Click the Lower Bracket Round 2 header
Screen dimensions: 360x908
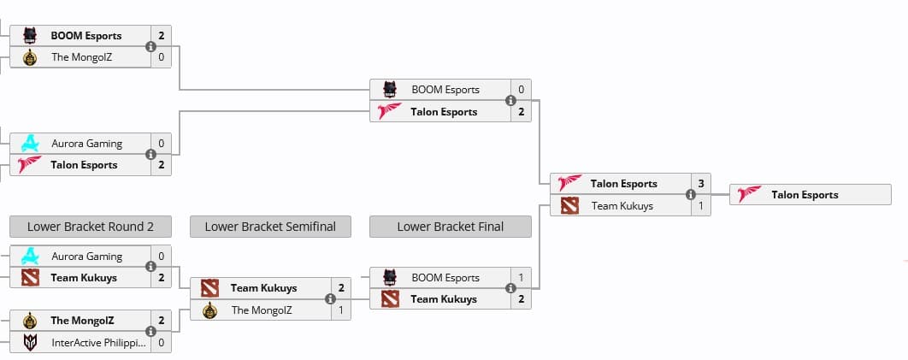pyautogui.click(x=90, y=227)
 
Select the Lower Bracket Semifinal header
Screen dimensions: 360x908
pyautogui.click(x=270, y=227)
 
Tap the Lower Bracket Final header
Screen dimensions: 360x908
pyautogui.click(x=450, y=227)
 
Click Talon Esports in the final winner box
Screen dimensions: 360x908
pyautogui.click(x=805, y=195)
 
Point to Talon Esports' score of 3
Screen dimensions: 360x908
pyautogui.click(x=700, y=184)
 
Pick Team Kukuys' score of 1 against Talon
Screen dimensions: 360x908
pyautogui.click(x=700, y=205)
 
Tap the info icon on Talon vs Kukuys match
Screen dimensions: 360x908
pyautogui.click(x=691, y=195)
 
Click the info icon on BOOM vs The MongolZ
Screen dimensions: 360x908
pyautogui.click(x=150, y=47)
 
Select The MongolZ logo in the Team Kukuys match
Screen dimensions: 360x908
pyautogui.click(x=209, y=310)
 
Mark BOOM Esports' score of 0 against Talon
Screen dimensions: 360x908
pyautogui.click(x=521, y=90)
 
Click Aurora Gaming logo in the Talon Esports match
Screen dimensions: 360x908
pyautogui.click(x=30, y=144)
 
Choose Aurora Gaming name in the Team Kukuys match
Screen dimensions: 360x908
pyautogui.click(x=86, y=257)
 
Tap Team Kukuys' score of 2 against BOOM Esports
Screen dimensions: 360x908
pyautogui.click(x=521, y=299)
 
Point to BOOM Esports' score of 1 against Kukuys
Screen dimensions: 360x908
pyautogui.click(x=521, y=278)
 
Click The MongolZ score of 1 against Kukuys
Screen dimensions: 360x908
pyautogui.click(x=340, y=310)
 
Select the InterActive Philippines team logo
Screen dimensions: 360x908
pyautogui.click(x=30, y=342)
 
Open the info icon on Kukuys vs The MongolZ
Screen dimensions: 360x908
pyautogui.click(x=330, y=299)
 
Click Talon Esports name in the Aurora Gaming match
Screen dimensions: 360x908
pyautogui.click(x=84, y=165)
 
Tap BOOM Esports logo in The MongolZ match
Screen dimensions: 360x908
pyautogui.click(x=30, y=36)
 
